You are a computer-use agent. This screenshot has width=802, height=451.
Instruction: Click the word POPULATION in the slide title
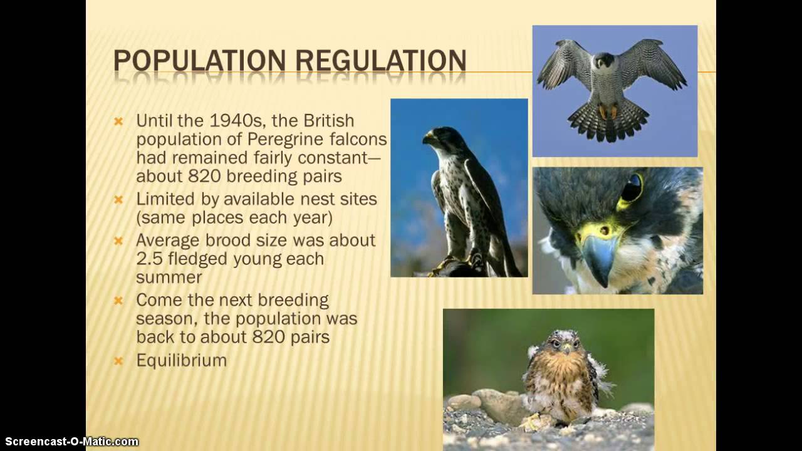click(x=200, y=61)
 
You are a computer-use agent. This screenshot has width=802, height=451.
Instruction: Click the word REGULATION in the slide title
click(x=380, y=61)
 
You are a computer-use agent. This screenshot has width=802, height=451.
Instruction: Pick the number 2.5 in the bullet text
click(x=150, y=259)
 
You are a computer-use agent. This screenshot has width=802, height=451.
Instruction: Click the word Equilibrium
click(x=181, y=360)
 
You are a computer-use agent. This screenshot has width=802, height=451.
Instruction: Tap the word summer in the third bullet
click(x=160, y=277)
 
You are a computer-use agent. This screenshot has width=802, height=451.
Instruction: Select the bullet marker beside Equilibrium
click(x=118, y=361)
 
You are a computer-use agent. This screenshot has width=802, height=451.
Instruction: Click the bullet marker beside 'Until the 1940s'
click(x=118, y=121)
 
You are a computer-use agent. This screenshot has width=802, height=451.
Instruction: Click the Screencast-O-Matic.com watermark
click(x=70, y=442)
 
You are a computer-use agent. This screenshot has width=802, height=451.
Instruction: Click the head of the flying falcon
click(x=605, y=61)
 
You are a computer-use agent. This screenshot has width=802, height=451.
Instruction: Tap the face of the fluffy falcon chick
click(x=563, y=343)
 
